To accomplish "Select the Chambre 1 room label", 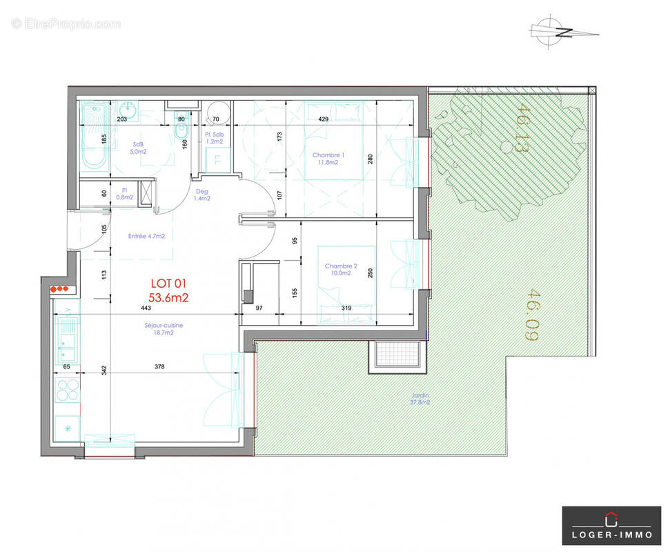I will click(328, 159).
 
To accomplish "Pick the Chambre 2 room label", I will click(341, 269).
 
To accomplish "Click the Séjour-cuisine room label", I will click(164, 328).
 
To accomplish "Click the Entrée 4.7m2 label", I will click(146, 236).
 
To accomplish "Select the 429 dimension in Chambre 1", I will click(322, 119).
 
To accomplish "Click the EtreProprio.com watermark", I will click(66, 24).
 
